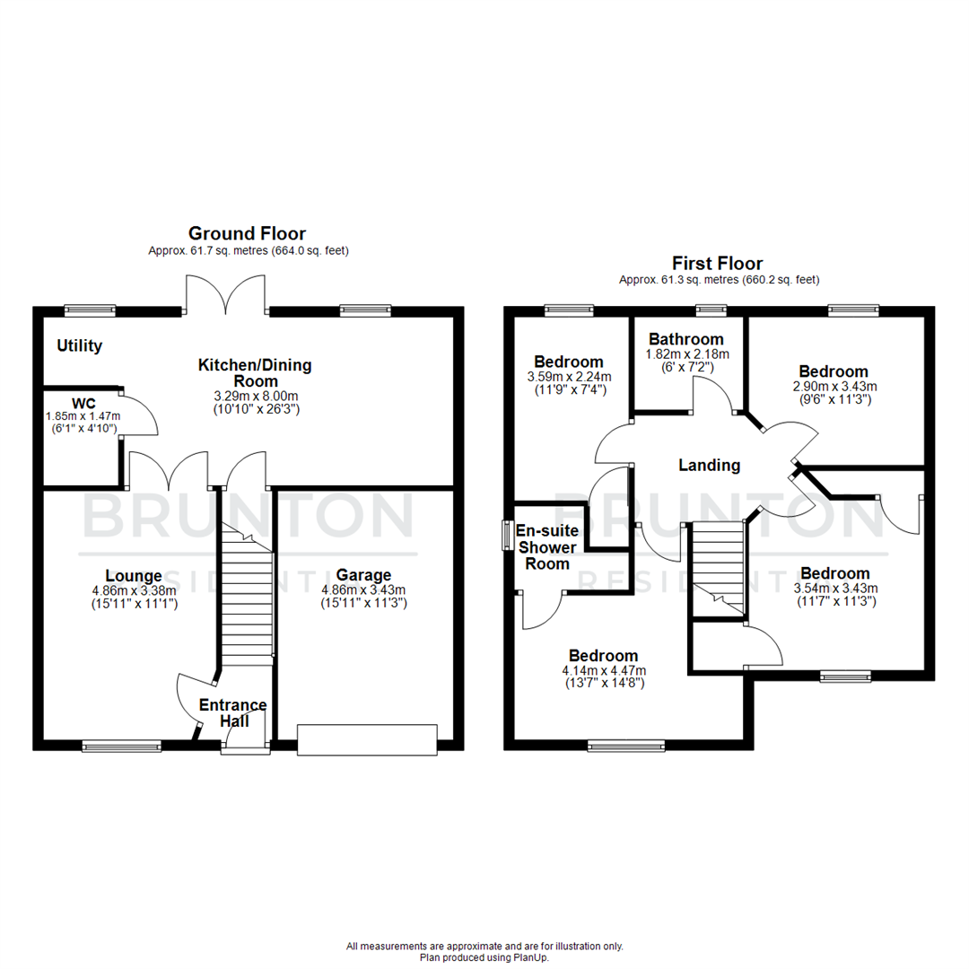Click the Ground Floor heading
click(x=246, y=234)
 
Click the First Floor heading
click(x=718, y=263)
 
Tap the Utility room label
click(x=80, y=345)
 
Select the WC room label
click(x=84, y=403)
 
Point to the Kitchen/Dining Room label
click(x=255, y=373)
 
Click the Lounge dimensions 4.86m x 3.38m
click(x=134, y=590)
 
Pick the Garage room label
click(x=363, y=575)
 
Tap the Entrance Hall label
click(x=232, y=712)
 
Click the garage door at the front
click(x=368, y=738)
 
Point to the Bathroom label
click(x=686, y=339)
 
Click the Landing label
click(x=709, y=465)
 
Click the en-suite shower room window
click(x=507, y=537)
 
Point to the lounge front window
click(x=121, y=745)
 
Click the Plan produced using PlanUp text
click(x=484, y=957)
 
